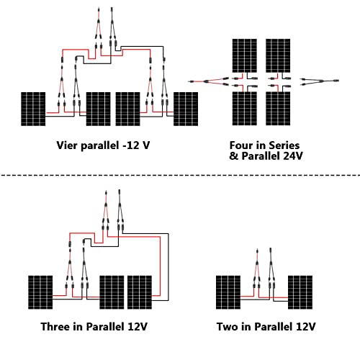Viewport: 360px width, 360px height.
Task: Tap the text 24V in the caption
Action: (x=287, y=154)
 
